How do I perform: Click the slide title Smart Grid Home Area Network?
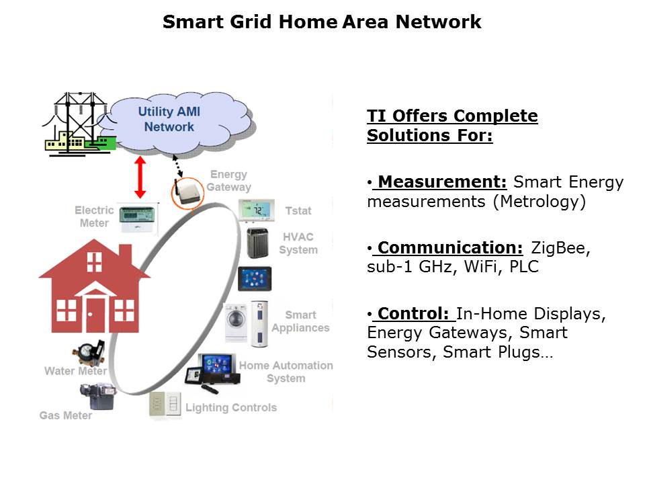pos(322,22)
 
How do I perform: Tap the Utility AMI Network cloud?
pos(169,120)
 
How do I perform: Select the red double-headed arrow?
pos(140,177)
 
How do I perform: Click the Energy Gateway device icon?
pos(187,192)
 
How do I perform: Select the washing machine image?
pos(236,323)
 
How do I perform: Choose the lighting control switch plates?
pos(165,404)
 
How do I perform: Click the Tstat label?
pos(298,210)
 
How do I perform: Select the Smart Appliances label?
pos(300,321)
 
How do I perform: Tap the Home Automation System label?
pos(286,372)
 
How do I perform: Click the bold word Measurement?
pos(441,182)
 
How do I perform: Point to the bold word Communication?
pos(449,247)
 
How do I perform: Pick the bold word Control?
pos(413,314)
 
